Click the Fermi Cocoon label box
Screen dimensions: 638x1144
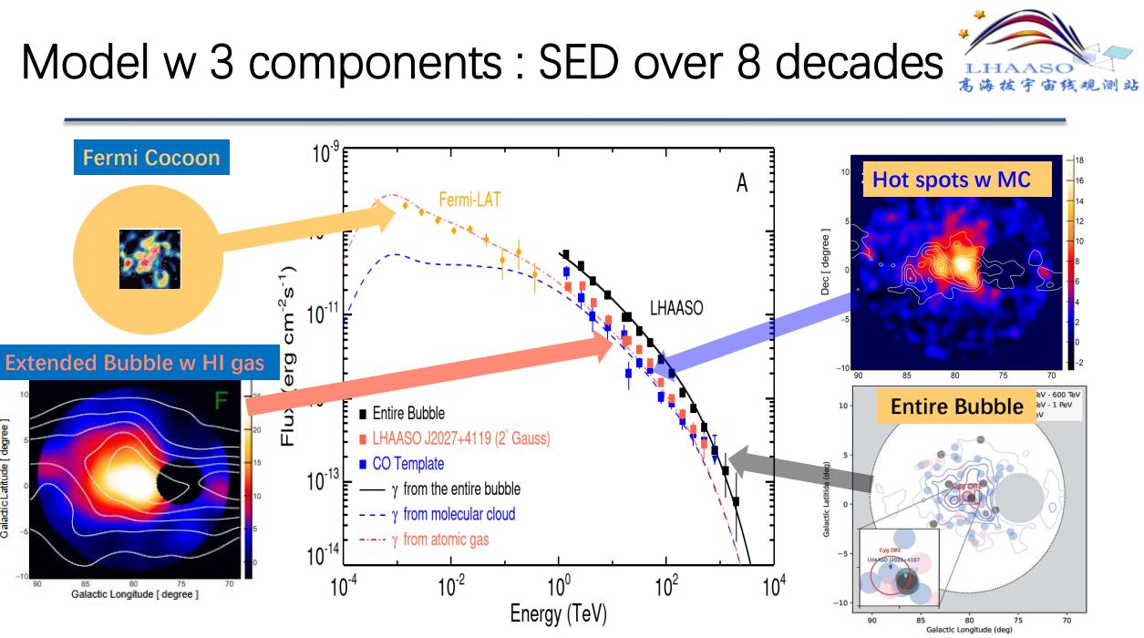[x=151, y=158]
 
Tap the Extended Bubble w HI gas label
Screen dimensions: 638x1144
[x=135, y=363]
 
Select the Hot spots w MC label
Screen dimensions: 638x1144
[x=952, y=180]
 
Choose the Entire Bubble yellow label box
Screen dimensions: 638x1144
[x=957, y=406]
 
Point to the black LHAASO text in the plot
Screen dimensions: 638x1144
[x=676, y=309]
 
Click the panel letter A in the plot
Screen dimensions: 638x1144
[x=742, y=183]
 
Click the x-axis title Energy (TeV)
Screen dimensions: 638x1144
[x=559, y=613]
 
